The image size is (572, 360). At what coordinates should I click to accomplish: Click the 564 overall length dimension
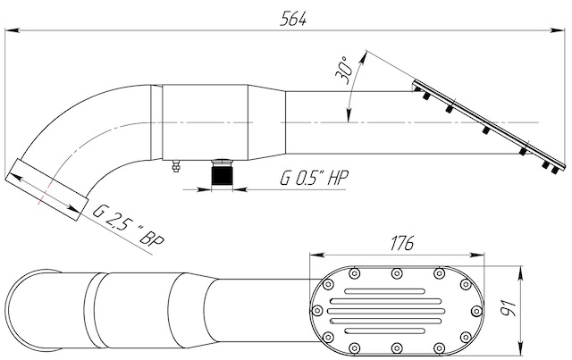[x=293, y=19]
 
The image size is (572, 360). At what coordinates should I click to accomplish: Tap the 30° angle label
[x=344, y=71]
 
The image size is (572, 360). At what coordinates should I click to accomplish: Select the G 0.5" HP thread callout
[x=314, y=178]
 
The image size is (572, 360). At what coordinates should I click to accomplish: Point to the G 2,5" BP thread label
[x=129, y=226]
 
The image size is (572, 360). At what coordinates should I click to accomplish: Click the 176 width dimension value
[x=402, y=243]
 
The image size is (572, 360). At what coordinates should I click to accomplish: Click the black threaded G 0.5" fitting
[x=223, y=174]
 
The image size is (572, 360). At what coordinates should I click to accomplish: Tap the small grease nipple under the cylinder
[x=176, y=166]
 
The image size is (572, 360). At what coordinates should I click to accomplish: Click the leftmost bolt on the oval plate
[x=318, y=311]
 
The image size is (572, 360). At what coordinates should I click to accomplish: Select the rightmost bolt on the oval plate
[x=476, y=311]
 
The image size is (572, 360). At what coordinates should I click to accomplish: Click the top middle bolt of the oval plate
[x=397, y=273]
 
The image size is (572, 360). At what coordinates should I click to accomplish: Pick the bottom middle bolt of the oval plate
[x=397, y=347]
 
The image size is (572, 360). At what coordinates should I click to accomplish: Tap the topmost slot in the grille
[x=385, y=291]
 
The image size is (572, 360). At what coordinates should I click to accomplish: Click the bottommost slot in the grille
[x=385, y=331]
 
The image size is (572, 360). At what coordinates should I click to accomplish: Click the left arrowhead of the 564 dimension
[x=11, y=30]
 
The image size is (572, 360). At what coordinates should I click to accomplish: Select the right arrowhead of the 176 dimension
[x=478, y=255]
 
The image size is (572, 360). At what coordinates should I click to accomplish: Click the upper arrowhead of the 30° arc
[x=364, y=57]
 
